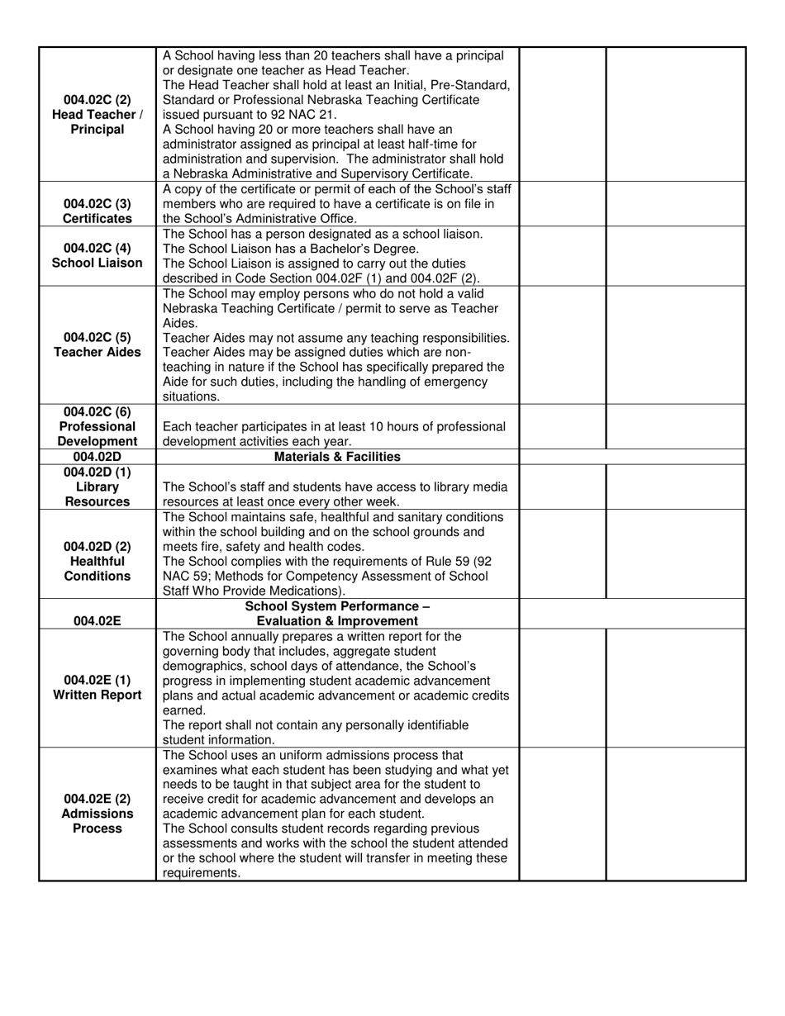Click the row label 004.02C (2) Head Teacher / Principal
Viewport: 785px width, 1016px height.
pos(97,114)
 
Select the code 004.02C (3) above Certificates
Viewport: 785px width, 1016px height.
pos(97,203)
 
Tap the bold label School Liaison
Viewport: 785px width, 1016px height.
pos(97,263)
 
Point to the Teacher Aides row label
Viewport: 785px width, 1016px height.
pos(97,352)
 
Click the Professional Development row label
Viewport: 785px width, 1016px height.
pos(97,426)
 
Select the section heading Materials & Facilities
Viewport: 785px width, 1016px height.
pos(337,456)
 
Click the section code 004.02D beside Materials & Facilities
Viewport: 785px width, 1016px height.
pos(97,456)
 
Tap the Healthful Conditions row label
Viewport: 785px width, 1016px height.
pos(97,561)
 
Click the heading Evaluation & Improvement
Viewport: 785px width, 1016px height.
pos(337,620)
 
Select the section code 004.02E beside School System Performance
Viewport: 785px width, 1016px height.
pos(97,620)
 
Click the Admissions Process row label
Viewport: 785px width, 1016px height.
pos(97,814)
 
